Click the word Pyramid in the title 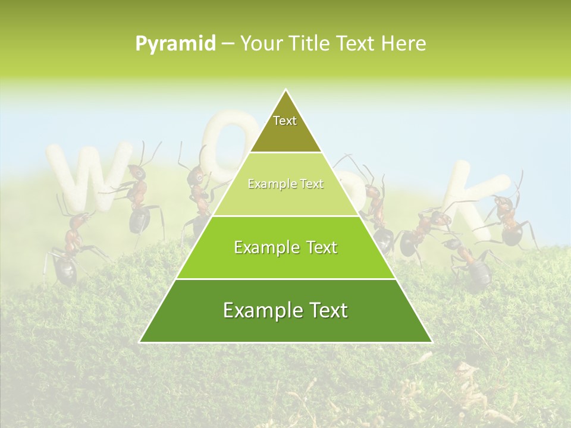pos(175,44)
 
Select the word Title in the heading pos(311,43)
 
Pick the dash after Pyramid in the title pos(227,45)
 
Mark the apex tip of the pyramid pos(285,90)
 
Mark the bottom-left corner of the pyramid pos(140,342)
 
